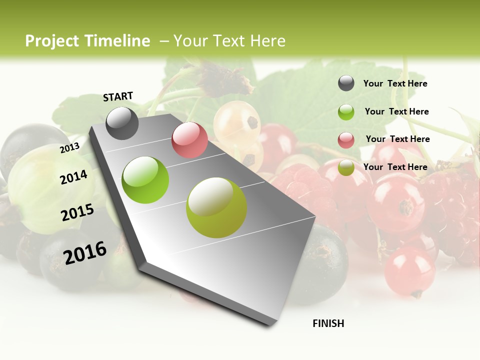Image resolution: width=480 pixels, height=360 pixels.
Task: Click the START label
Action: tap(118, 96)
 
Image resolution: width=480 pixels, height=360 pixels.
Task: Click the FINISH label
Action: tap(328, 323)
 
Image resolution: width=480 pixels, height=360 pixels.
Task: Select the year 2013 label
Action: tap(69, 148)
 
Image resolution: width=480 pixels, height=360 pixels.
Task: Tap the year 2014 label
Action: tap(73, 177)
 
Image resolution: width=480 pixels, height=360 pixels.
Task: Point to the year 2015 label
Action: tap(77, 212)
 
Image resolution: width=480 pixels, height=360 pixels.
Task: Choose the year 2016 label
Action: tap(85, 253)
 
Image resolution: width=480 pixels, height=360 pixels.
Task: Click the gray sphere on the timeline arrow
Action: tap(122, 123)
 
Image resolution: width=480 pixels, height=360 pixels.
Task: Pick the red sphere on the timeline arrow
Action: tap(189, 139)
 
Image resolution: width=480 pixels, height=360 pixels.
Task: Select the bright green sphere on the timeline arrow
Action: tap(145, 180)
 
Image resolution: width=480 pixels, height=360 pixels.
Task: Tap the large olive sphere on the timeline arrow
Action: tap(216, 207)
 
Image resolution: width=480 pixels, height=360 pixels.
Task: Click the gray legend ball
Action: tap(346, 83)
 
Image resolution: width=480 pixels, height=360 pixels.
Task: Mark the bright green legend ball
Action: tap(346, 112)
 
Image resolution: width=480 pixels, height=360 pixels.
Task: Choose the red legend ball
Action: tap(346, 140)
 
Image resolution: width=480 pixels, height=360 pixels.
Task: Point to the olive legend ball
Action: tap(346, 168)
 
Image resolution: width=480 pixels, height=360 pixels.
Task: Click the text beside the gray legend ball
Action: tap(395, 83)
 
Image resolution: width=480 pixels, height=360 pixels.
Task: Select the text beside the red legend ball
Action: tap(397, 139)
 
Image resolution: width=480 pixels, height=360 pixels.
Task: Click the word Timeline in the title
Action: tap(117, 41)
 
